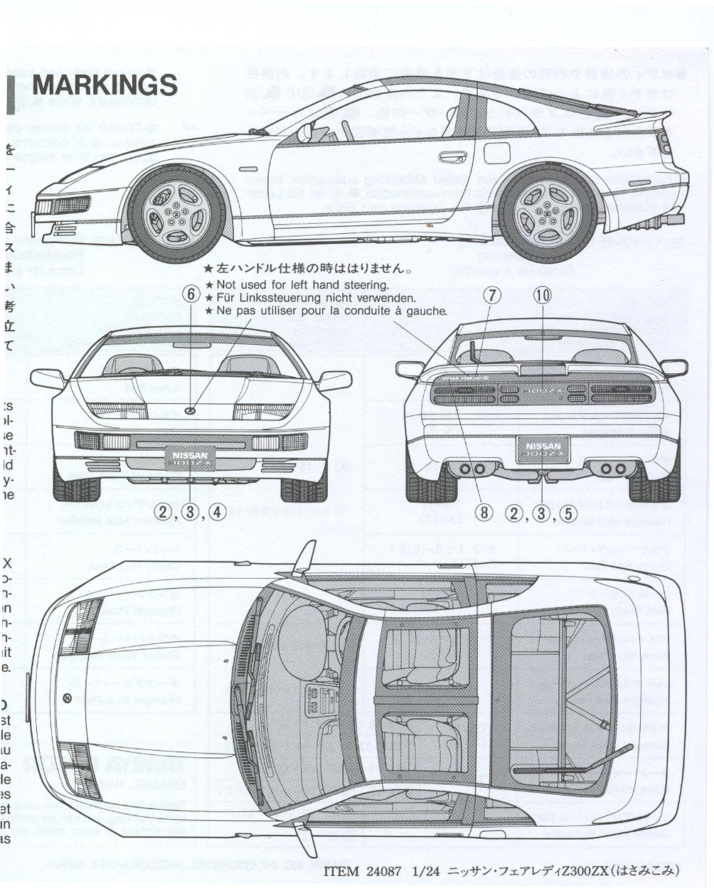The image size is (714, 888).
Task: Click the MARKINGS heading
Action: tap(105, 85)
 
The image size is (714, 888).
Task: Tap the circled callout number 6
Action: tap(190, 294)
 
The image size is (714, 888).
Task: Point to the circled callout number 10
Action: tap(542, 294)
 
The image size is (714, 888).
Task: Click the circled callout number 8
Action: tap(484, 513)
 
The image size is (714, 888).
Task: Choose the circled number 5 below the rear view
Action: tap(567, 513)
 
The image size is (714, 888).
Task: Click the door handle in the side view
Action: tap(452, 156)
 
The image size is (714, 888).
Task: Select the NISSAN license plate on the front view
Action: tap(190, 457)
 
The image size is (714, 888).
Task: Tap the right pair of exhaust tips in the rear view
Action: tap(612, 469)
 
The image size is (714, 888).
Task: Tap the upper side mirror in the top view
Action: tap(304, 558)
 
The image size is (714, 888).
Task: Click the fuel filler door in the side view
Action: tap(497, 152)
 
